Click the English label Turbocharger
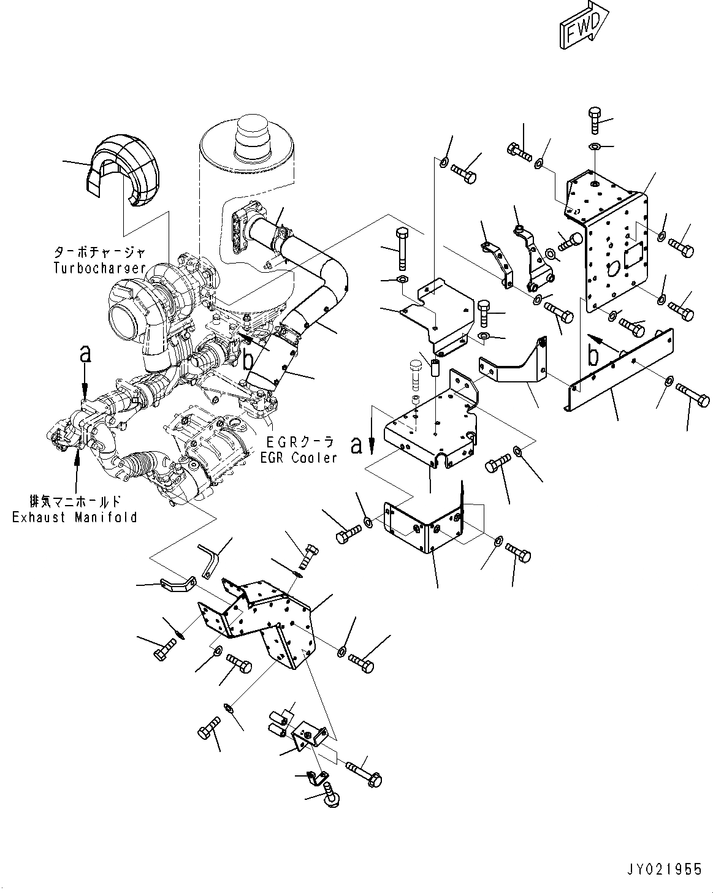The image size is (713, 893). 99,267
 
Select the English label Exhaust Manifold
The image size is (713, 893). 75,517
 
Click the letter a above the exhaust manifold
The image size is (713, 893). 85,354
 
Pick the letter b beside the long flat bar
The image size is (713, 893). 593,355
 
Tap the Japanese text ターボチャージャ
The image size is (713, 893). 100,252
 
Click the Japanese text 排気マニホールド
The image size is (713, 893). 75,501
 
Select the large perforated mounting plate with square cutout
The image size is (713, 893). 613,245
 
